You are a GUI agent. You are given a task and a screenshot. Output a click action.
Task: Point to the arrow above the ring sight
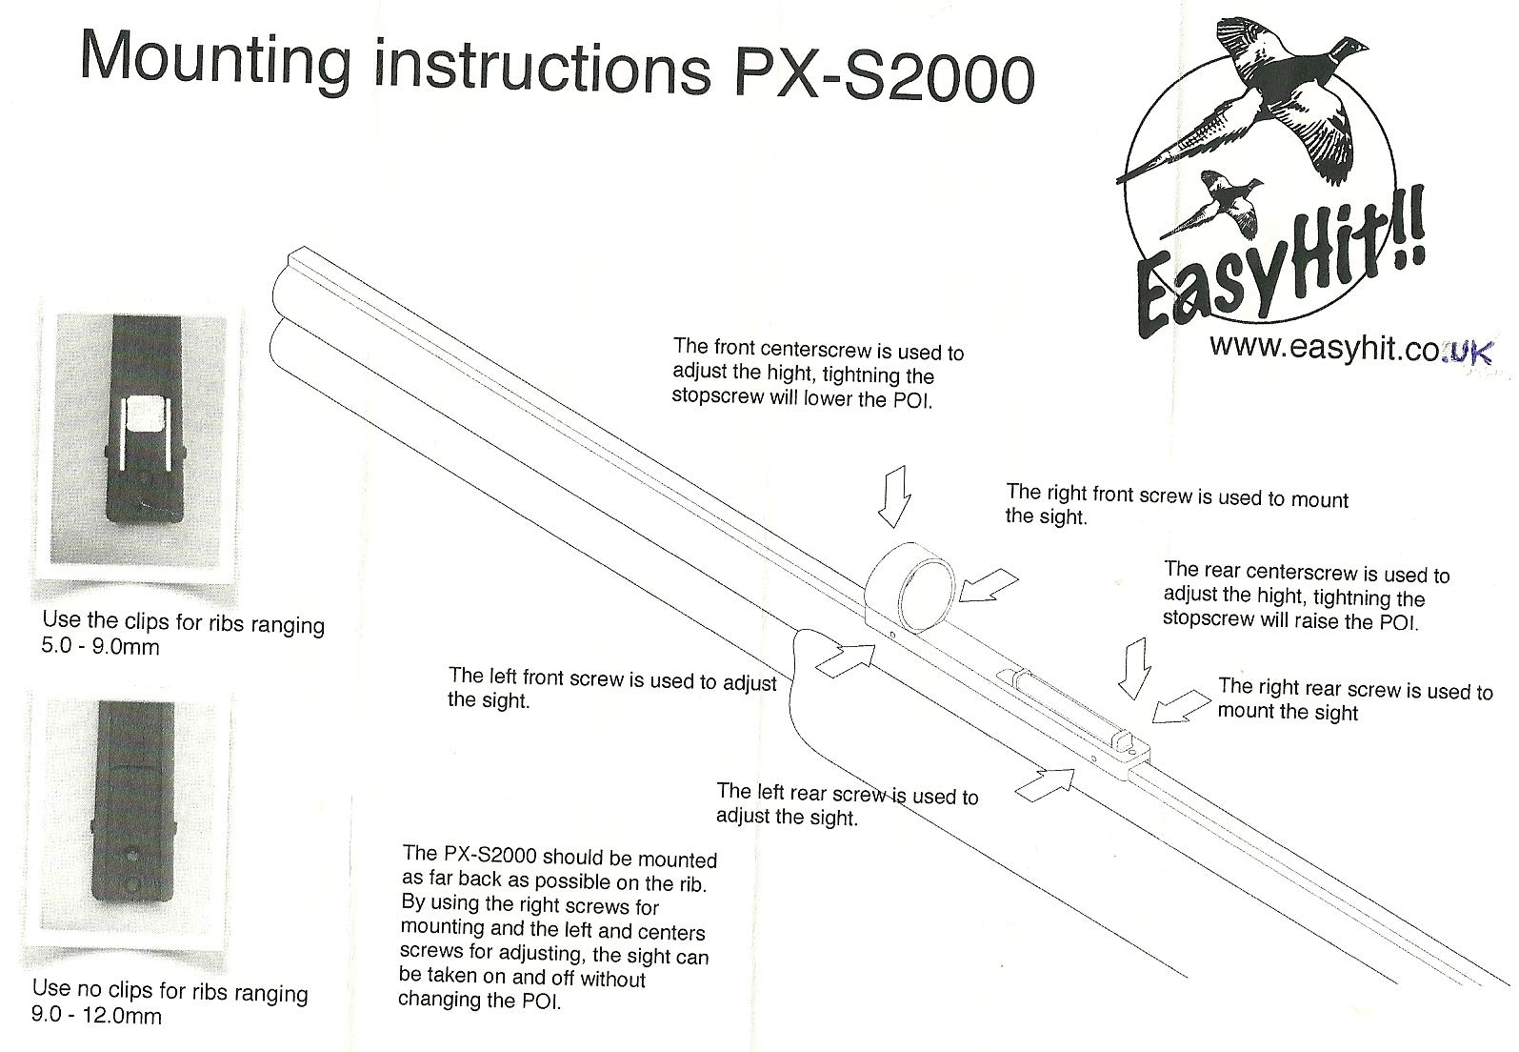(894, 496)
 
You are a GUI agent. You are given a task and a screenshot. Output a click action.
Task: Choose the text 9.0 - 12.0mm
(97, 1016)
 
